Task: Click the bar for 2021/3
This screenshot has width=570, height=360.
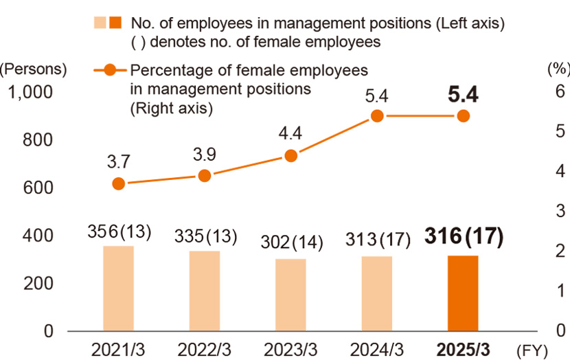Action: [x=118, y=289]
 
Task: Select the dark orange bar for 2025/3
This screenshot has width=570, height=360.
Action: [x=463, y=293]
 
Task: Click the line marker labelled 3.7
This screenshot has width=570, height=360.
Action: [x=118, y=183]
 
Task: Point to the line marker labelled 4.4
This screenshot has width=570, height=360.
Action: [x=290, y=156]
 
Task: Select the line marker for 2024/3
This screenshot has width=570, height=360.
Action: [x=376, y=116]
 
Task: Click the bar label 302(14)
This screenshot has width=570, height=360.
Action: [x=290, y=242]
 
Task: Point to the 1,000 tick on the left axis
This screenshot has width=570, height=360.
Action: [x=33, y=91]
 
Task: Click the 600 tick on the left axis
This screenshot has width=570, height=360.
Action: [x=39, y=188]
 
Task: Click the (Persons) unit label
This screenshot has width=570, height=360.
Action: [x=34, y=69]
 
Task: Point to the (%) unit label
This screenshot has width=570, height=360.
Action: [x=556, y=69]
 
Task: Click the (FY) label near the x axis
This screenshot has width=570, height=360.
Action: [x=534, y=350]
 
